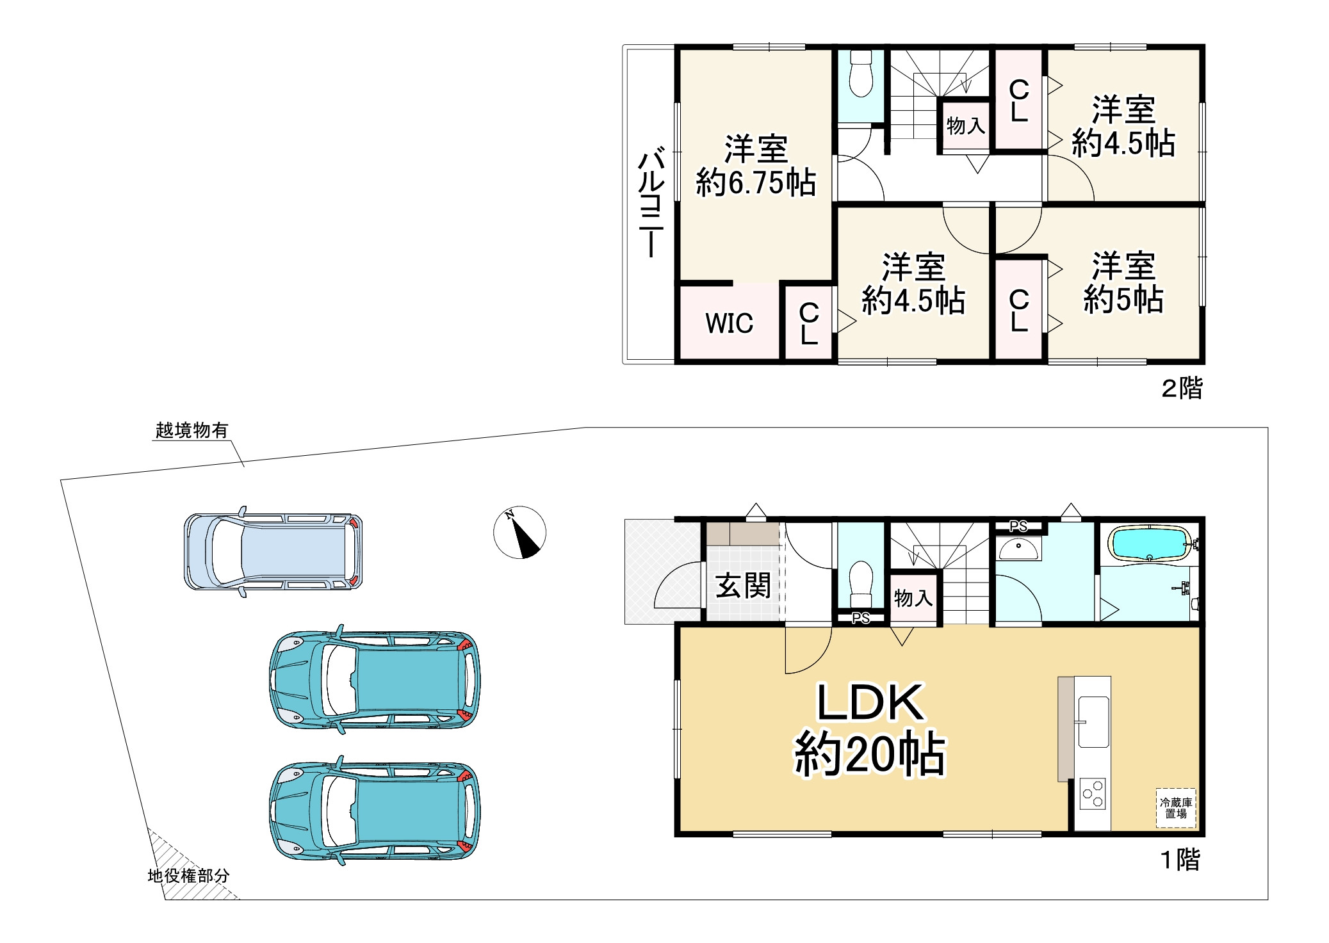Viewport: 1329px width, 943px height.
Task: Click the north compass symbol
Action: tap(519, 532)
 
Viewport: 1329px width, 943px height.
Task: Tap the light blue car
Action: tap(273, 551)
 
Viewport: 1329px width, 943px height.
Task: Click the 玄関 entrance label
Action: tap(743, 585)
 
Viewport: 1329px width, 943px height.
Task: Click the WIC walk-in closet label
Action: tap(729, 323)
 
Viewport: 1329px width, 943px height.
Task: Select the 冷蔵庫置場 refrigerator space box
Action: tap(1176, 808)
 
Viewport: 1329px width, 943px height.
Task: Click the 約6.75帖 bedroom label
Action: tap(756, 182)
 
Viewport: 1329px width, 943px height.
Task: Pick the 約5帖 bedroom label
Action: tap(1123, 299)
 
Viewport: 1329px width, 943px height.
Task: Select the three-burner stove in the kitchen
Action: tap(1093, 793)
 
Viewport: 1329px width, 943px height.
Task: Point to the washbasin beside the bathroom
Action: tap(1018, 549)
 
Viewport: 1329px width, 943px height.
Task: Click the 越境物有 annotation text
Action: tap(192, 430)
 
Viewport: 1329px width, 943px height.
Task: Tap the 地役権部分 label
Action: tap(188, 876)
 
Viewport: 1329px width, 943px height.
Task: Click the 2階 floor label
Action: tap(1182, 388)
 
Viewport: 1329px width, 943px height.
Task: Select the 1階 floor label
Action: tap(1180, 860)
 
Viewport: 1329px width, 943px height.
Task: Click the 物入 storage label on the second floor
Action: tap(965, 125)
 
